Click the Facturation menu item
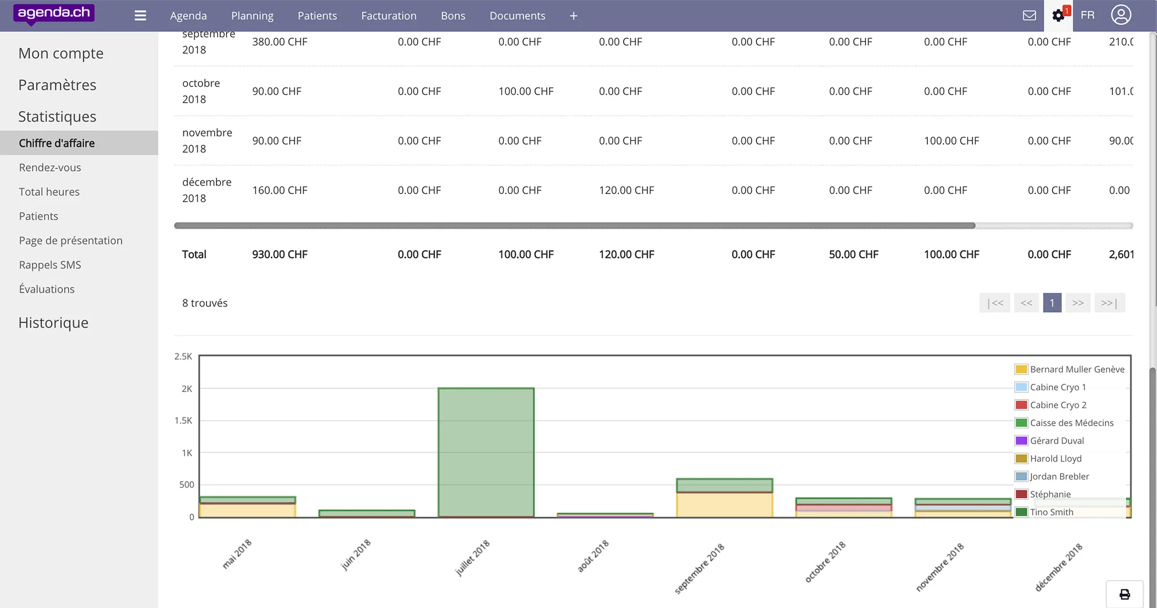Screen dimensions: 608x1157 [x=388, y=16]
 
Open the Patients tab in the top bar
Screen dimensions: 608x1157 [x=317, y=16]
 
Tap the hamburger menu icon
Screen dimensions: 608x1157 [x=140, y=16]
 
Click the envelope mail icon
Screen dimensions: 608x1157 [x=1029, y=16]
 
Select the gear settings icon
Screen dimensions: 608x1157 [x=1058, y=16]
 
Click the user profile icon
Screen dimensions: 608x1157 [x=1121, y=15]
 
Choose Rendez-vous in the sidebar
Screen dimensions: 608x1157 [x=50, y=167]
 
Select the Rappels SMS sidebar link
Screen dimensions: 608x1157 [x=50, y=265]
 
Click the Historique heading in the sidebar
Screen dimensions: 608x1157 [x=53, y=323]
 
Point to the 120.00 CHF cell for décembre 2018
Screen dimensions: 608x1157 [x=627, y=190]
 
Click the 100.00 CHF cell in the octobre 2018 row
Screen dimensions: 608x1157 [x=526, y=91]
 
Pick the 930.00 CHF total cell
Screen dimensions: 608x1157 [x=279, y=254]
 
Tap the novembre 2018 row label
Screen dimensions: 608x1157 [x=207, y=141]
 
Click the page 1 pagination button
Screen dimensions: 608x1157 [x=1052, y=303]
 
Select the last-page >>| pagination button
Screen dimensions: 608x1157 [x=1109, y=303]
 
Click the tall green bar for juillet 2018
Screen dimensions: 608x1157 [x=486, y=452]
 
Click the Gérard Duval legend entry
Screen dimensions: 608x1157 [x=1056, y=441]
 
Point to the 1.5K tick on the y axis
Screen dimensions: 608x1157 [x=183, y=420]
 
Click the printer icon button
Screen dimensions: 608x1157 [x=1125, y=594]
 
